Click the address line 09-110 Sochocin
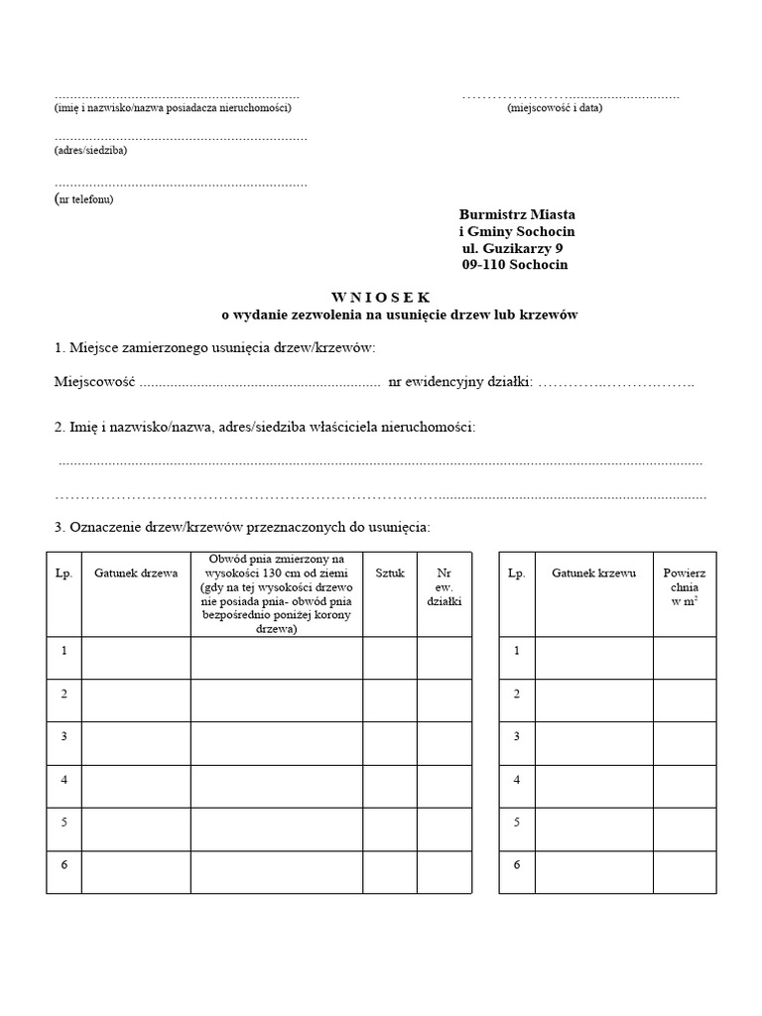pyautogui.click(x=515, y=265)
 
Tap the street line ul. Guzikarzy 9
pyautogui.click(x=513, y=248)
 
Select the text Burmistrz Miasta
pyautogui.click(x=517, y=214)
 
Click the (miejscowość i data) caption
pyautogui.click(x=554, y=107)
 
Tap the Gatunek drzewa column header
pyautogui.click(x=136, y=573)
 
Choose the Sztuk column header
pyautogui.click(x=390, y=573)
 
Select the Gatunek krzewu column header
pyautogui.click(x=593, y=573)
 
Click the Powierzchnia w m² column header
pyautogui.click(x=684, y=586)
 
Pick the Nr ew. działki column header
pyautogui.click(x=444, y=586)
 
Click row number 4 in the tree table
pyautogui.click(x=63, y=779)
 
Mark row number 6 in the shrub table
pyautogui.click(x=516, y=864)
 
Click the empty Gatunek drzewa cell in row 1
pyautogui.click(x=136, y=658)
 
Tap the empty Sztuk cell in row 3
pyautogui.click(x=390, y=743)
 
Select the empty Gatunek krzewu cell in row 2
pyautogui.click(x=593, y=700)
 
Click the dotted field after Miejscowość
pyautogui.click(x=259, y=382)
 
